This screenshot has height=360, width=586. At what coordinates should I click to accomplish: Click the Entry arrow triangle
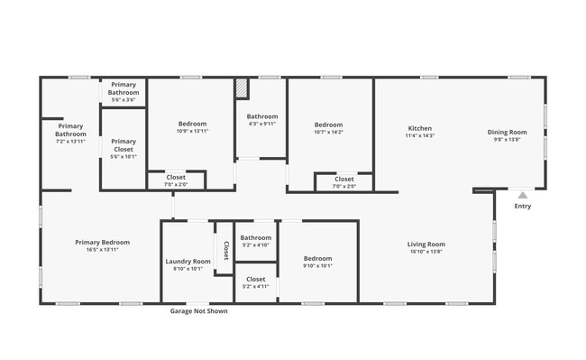tap(522, 194)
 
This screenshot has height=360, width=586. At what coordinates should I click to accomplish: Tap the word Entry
tap(523, 206)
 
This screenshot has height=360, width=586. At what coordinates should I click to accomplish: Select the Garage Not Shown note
tap(199, 311)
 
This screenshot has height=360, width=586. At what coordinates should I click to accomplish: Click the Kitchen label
tap(420, 128)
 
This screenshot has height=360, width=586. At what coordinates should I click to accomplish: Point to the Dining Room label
tap(508, 132)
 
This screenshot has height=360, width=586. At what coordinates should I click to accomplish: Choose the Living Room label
tap(426, 244)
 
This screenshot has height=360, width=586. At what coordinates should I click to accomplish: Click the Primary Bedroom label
tap(102, 242)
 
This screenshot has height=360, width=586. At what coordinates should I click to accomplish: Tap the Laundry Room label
tap(188, 261)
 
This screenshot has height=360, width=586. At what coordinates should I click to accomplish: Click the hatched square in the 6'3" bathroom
tap(241, 89)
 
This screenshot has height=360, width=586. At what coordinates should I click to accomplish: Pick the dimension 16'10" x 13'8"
tap(426, 251)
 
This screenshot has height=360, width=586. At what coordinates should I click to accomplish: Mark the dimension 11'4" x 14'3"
tap(420, 135)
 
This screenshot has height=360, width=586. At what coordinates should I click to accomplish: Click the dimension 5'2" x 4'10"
tap(256, 245)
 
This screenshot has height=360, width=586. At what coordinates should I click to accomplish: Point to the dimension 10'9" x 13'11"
tap(192, 131)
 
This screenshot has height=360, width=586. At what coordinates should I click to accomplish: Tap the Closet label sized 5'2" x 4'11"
tap(256, 279)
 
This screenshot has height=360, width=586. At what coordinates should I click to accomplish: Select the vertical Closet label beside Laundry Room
tap(225, 250)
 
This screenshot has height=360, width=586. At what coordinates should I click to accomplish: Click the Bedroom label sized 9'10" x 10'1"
tap(318, 258)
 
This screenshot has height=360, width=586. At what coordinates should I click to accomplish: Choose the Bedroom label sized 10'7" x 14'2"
tap(328, 125)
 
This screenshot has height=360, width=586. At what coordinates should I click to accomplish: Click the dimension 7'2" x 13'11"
tap(69, 142)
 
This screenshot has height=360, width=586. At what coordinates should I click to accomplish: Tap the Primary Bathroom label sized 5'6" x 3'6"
tap(124, 88)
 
